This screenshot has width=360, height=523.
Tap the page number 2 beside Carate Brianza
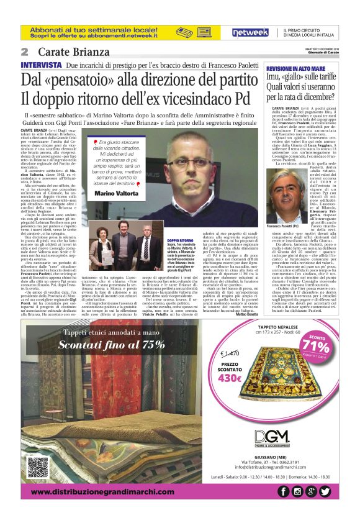pos(24,52)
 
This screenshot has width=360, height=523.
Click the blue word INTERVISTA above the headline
pos(41,65)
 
